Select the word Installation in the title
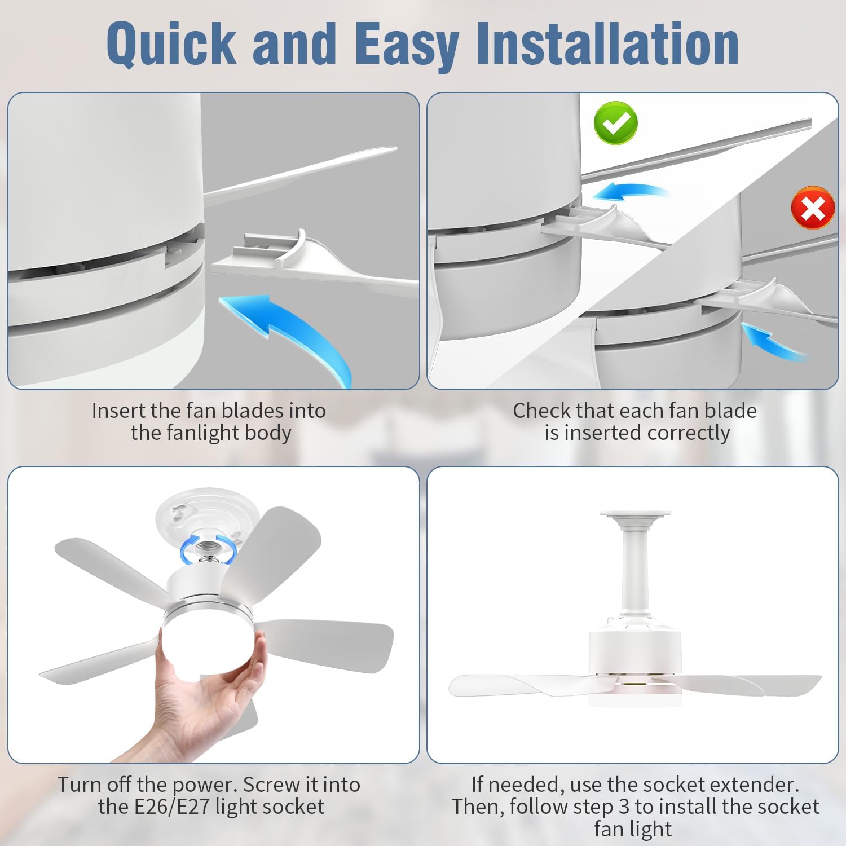[607, 43]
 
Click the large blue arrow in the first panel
[293, 333]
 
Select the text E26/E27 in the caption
[171, 807]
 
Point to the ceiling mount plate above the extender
[636, 515]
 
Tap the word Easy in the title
[407, 43]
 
